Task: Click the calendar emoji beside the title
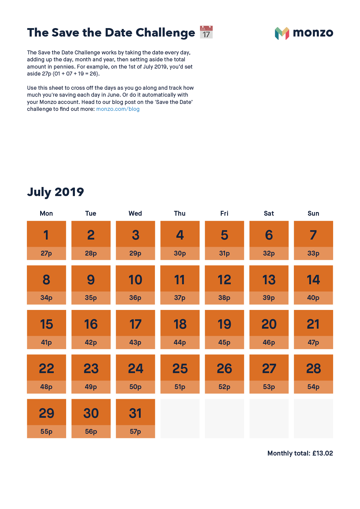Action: click(x=206, y=32)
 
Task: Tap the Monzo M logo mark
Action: click(x=282, y=33)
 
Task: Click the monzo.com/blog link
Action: click(x=118, y=109)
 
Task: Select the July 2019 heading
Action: click(x=56, y=192)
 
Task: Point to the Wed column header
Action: click(x=135, y=214)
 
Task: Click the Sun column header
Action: click(x=313, y=214)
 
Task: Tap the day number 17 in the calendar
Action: click(x=135, y=324)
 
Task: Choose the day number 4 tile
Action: click(x=180, y=235)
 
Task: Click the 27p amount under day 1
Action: click(x=46, y=253)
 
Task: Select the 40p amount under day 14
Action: click(x=313, y=298)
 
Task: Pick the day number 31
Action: click(x=135, y=413)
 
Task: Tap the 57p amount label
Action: click(x=135, y=432)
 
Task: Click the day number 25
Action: click(x=180, y=369)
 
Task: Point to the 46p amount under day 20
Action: click(x=269, y=343)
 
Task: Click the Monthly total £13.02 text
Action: click(x=300, y=453)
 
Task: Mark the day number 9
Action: click(x=91, y=280)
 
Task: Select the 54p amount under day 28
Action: click(x=313, y=387)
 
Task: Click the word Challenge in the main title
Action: click(x=165, y=33)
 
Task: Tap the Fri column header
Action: click(x=224, y=214)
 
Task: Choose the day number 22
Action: click(x=46, y=369)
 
